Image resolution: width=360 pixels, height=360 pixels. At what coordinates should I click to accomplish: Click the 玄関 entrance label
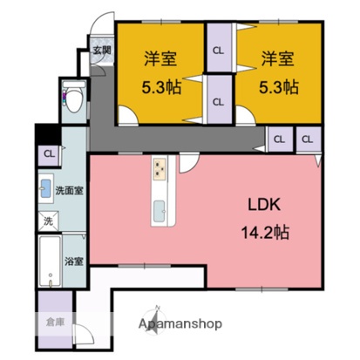pos(102,51)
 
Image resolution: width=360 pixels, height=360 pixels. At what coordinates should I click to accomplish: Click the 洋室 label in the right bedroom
pos(276,62)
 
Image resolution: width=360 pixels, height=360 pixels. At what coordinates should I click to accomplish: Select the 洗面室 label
pos(69,189)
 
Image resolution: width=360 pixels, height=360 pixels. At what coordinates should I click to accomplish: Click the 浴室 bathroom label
pos(73,260)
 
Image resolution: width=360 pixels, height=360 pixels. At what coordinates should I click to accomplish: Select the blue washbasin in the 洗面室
pos(45,187)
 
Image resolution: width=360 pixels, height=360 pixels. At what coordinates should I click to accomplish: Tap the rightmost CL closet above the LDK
pos(308,139)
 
